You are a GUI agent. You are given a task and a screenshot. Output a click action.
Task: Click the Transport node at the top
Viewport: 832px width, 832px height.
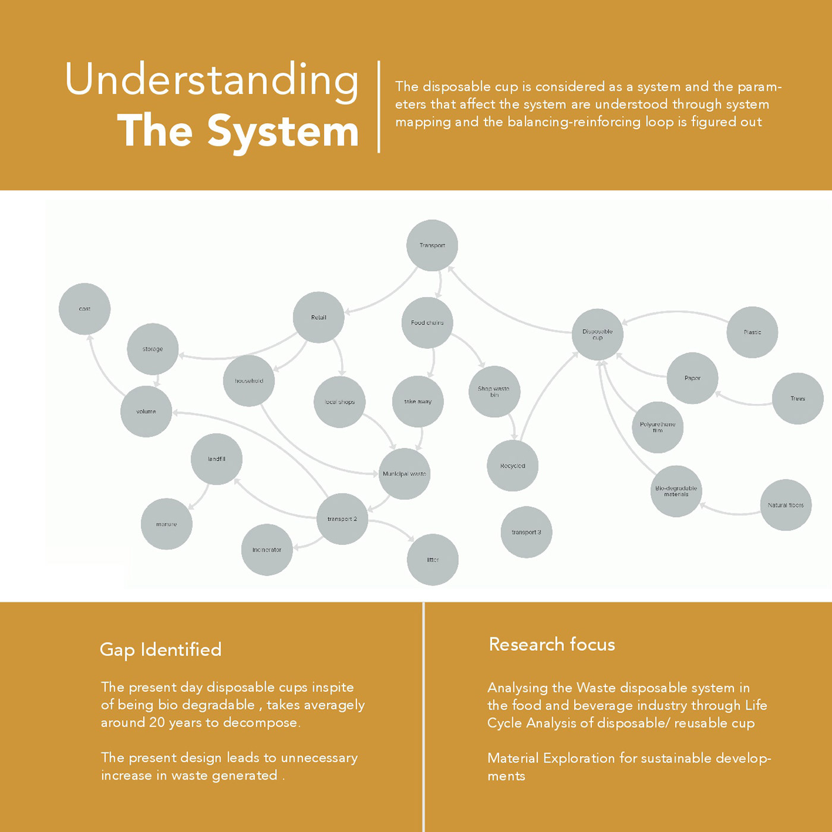432,245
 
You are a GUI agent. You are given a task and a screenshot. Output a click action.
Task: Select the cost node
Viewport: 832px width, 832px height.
84,309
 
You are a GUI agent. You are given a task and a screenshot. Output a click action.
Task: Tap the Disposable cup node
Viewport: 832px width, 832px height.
597,335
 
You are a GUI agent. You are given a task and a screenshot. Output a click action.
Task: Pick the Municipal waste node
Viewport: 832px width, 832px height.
404,474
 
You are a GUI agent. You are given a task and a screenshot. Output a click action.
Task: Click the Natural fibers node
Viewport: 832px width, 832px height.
786,505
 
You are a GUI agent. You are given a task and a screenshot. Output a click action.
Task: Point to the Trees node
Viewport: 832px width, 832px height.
798,399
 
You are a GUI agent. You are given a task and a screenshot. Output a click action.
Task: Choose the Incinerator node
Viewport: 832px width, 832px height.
267,550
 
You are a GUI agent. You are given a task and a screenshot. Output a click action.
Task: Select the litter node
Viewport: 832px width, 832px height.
433,560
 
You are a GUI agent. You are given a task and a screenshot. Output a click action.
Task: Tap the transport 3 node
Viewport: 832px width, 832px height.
527,532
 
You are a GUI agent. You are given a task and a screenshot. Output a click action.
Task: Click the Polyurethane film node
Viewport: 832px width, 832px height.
657,427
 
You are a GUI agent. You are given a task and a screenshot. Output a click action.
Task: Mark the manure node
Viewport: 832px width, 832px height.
166,524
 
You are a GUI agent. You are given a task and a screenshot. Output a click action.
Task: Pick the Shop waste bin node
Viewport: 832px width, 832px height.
494,392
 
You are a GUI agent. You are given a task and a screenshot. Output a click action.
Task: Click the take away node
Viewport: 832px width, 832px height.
418,402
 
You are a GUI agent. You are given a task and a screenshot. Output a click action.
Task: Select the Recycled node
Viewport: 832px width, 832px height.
512,466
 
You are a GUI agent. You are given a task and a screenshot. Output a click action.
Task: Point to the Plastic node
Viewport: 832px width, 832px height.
752,332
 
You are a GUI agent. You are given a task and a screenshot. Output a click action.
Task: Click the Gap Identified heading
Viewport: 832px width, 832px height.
160,650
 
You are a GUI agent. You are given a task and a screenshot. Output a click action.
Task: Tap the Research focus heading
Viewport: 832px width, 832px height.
551,644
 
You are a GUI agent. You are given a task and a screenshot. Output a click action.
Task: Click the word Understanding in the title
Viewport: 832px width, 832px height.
212,81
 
